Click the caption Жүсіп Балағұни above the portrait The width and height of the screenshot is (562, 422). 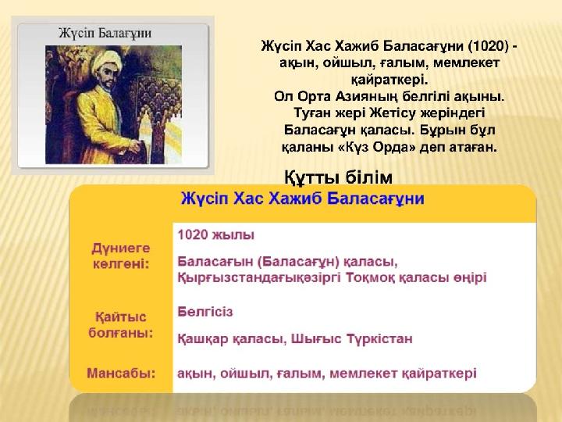pyautogui.click(x=105, y=34)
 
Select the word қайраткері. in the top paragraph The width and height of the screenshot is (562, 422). pyautogui.click(x=389, y=79)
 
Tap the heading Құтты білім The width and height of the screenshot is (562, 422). pyautogui.click(x=338, y=177)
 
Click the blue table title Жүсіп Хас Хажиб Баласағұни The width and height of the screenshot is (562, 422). pyautogui.click(x=303, y=198)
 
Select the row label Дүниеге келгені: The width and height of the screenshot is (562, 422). pyautogui.click(x=121, y=256)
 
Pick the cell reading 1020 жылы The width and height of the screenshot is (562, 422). pyautogui.click(x=215, y=234)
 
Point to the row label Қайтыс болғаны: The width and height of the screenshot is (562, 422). pyautogui.click(x=121, y=325)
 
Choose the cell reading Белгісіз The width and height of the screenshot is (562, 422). pyautogui.click(x=205, y=312)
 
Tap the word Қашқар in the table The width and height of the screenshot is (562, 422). pyautogui.click(x=203, y=339)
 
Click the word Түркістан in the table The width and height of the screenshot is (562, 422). pyautogui.click(x=379, y=338)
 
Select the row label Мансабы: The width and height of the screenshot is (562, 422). pyautogui.click(x=121, y=374)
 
